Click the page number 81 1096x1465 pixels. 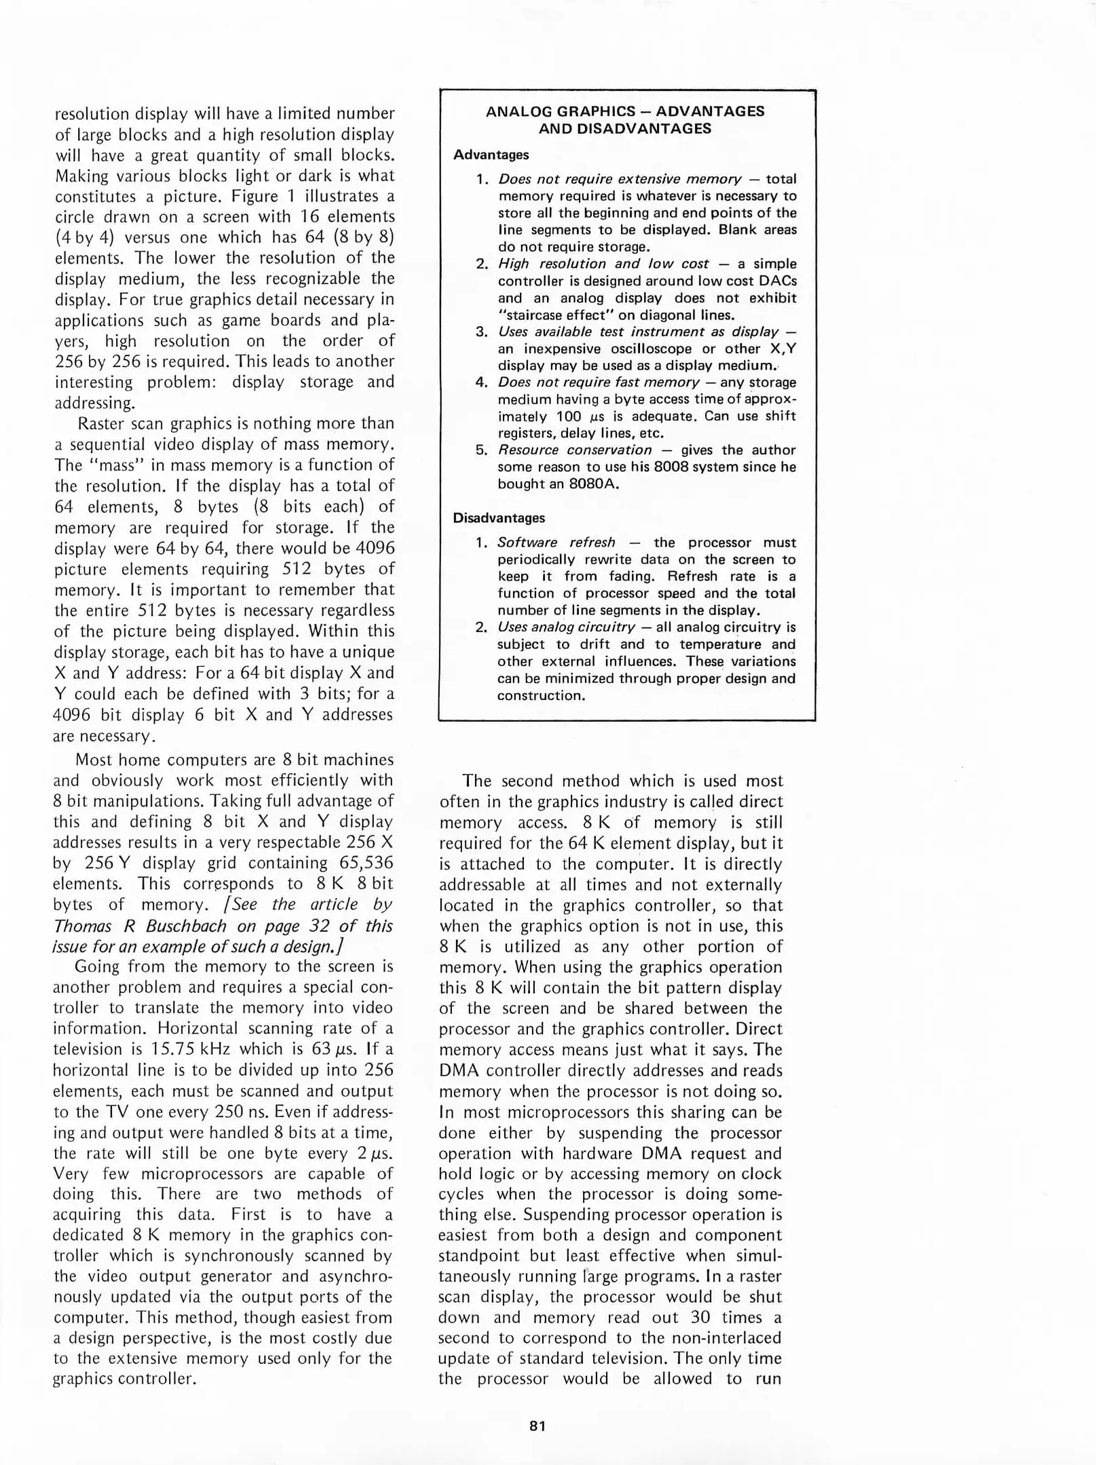[x=537, y=1425]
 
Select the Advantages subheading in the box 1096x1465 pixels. [x=491, y=155]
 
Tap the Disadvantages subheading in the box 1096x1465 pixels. [x=499, y=518]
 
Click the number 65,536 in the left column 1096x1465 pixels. [x=365, y=863]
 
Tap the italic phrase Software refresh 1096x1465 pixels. [x=556, y=543]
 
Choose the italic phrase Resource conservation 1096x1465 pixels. [x=574, y=450]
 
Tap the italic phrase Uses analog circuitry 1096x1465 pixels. [x=566, y=627]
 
